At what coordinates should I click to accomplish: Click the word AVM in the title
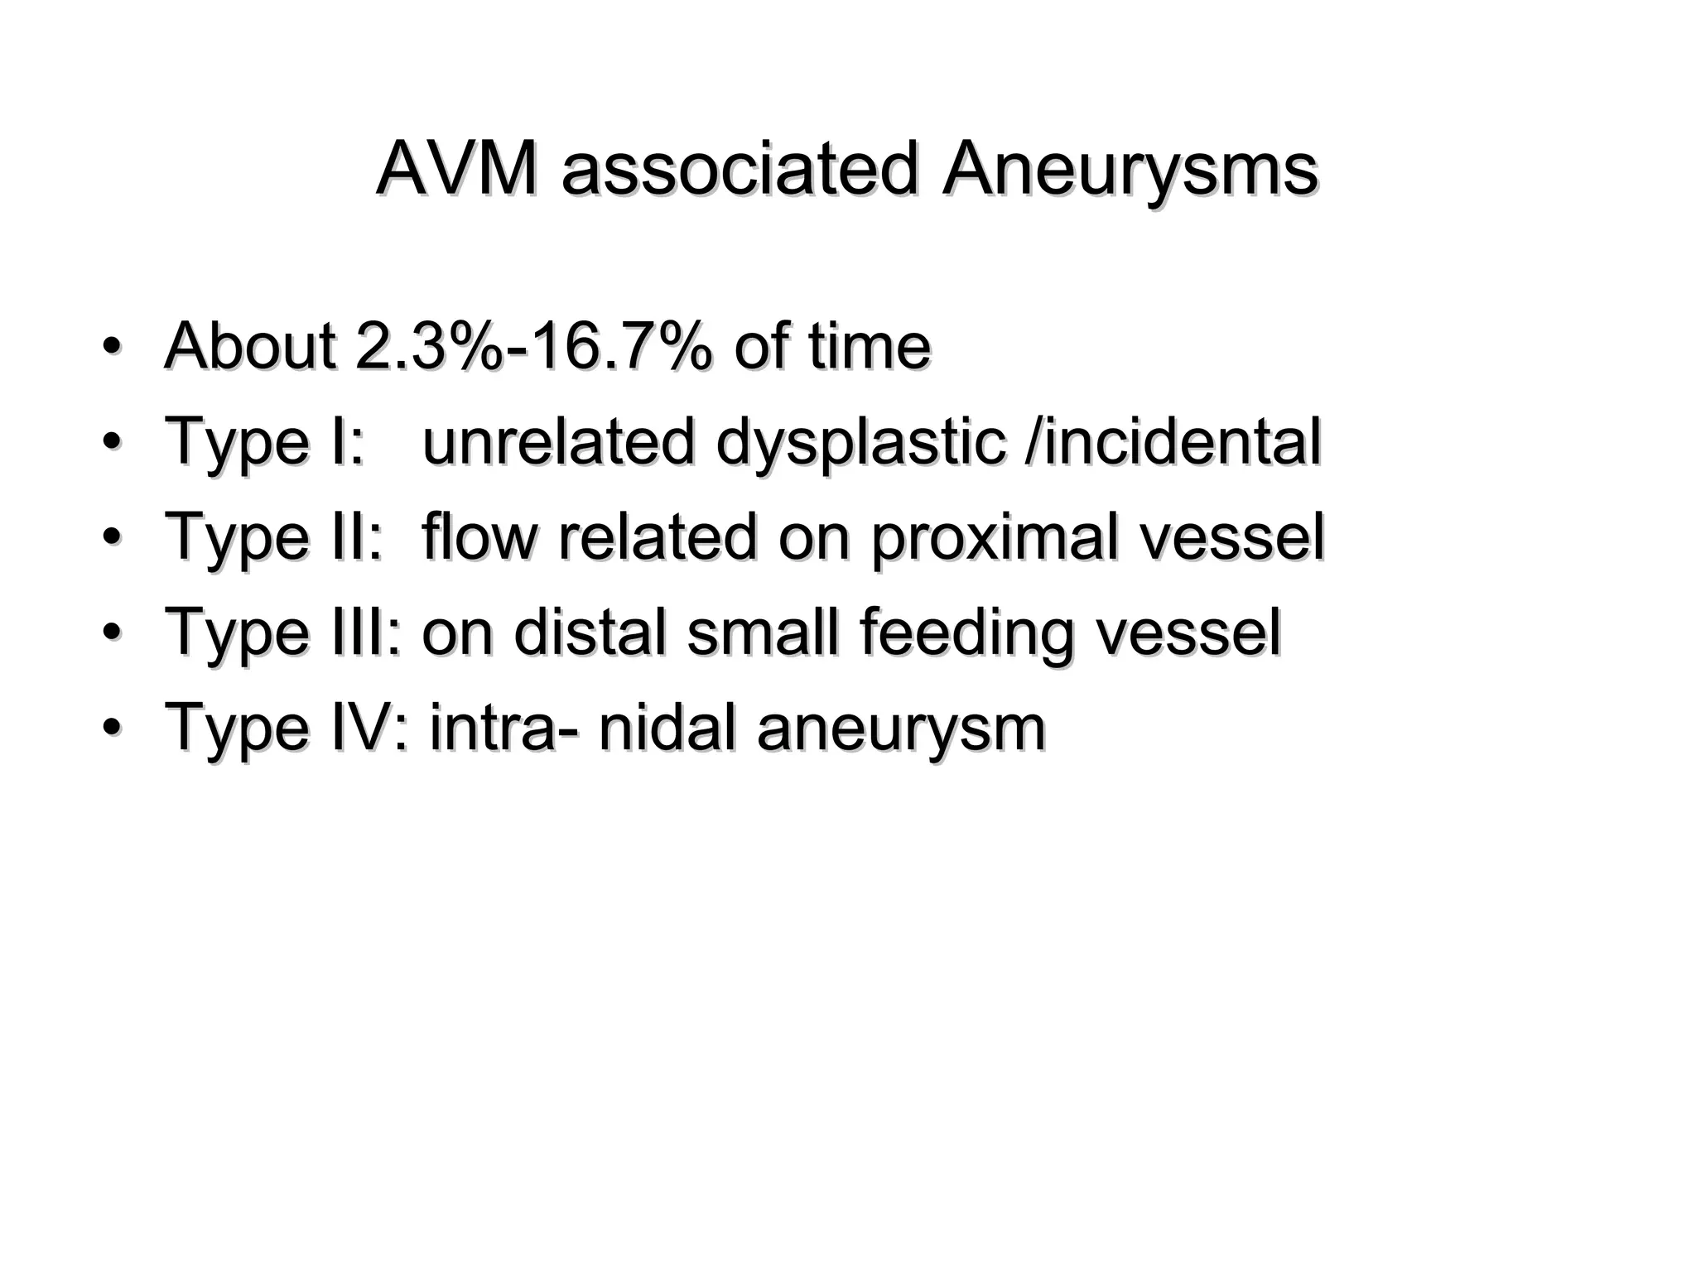point(455,170)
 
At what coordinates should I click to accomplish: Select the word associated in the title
point(740,170)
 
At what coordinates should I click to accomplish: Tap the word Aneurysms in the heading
point(1130,170)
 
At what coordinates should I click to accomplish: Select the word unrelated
point(558,441)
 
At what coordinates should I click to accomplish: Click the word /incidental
point(1173,441)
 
